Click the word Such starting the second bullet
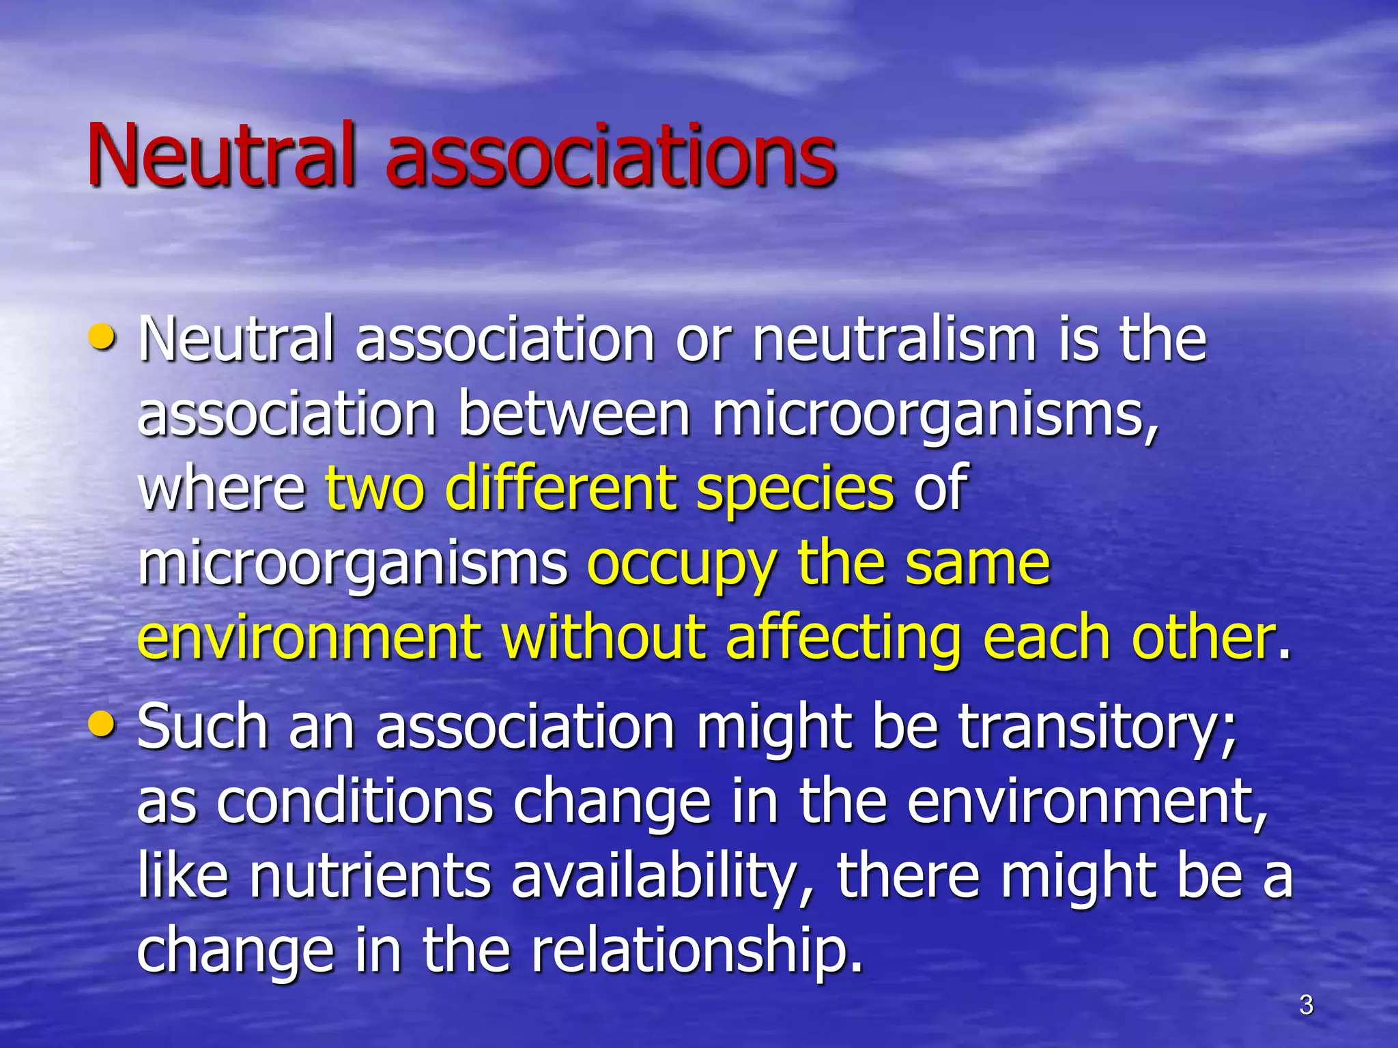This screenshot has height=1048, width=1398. click(202, 727)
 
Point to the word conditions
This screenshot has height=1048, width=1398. click(354, 802)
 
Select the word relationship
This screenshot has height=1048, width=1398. click(696, 952)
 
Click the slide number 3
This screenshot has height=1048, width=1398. click(1306, 1005)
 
